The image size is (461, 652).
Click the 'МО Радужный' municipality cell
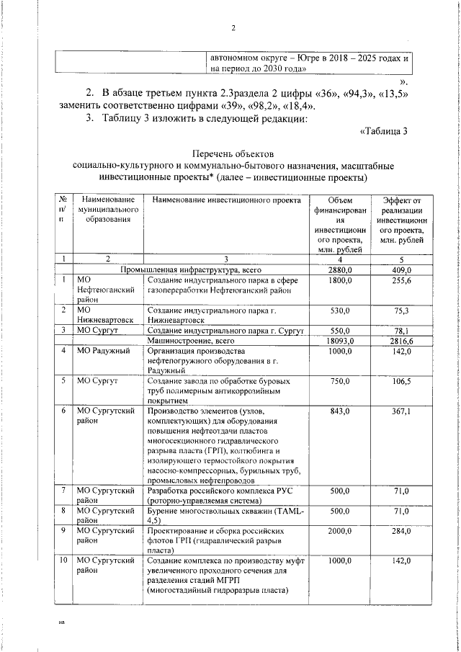pos(103,351)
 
